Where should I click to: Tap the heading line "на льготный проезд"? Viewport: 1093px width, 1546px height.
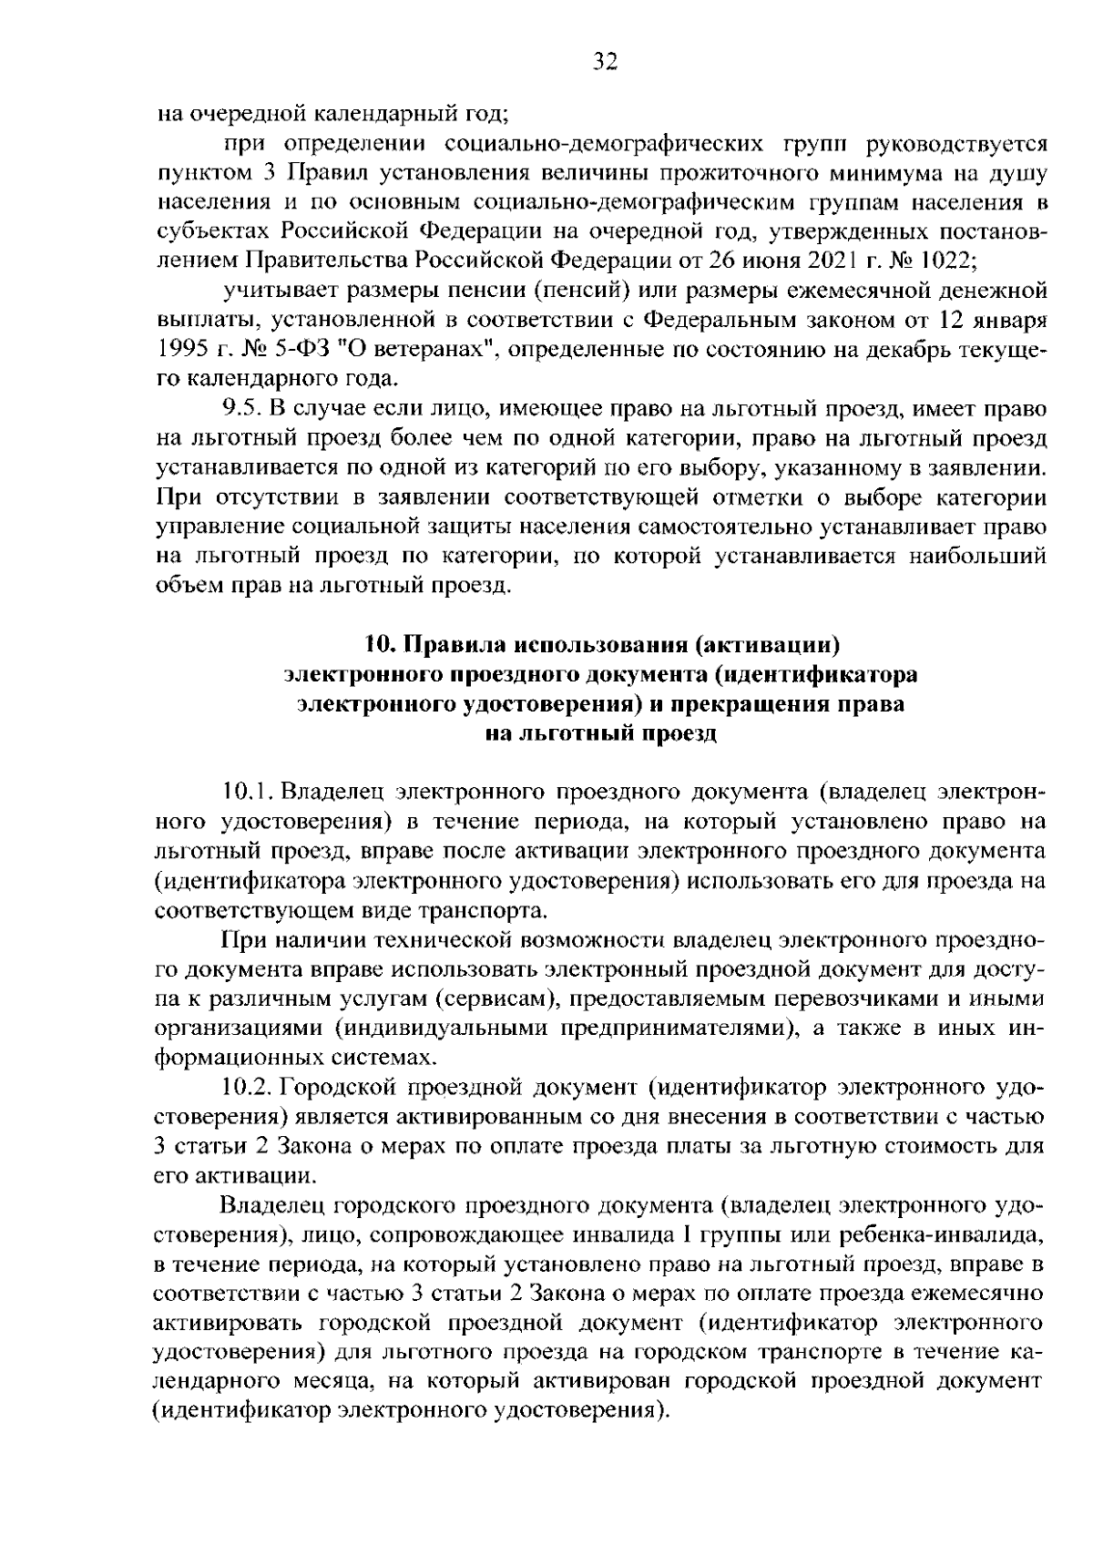click(x=600, y=733)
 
